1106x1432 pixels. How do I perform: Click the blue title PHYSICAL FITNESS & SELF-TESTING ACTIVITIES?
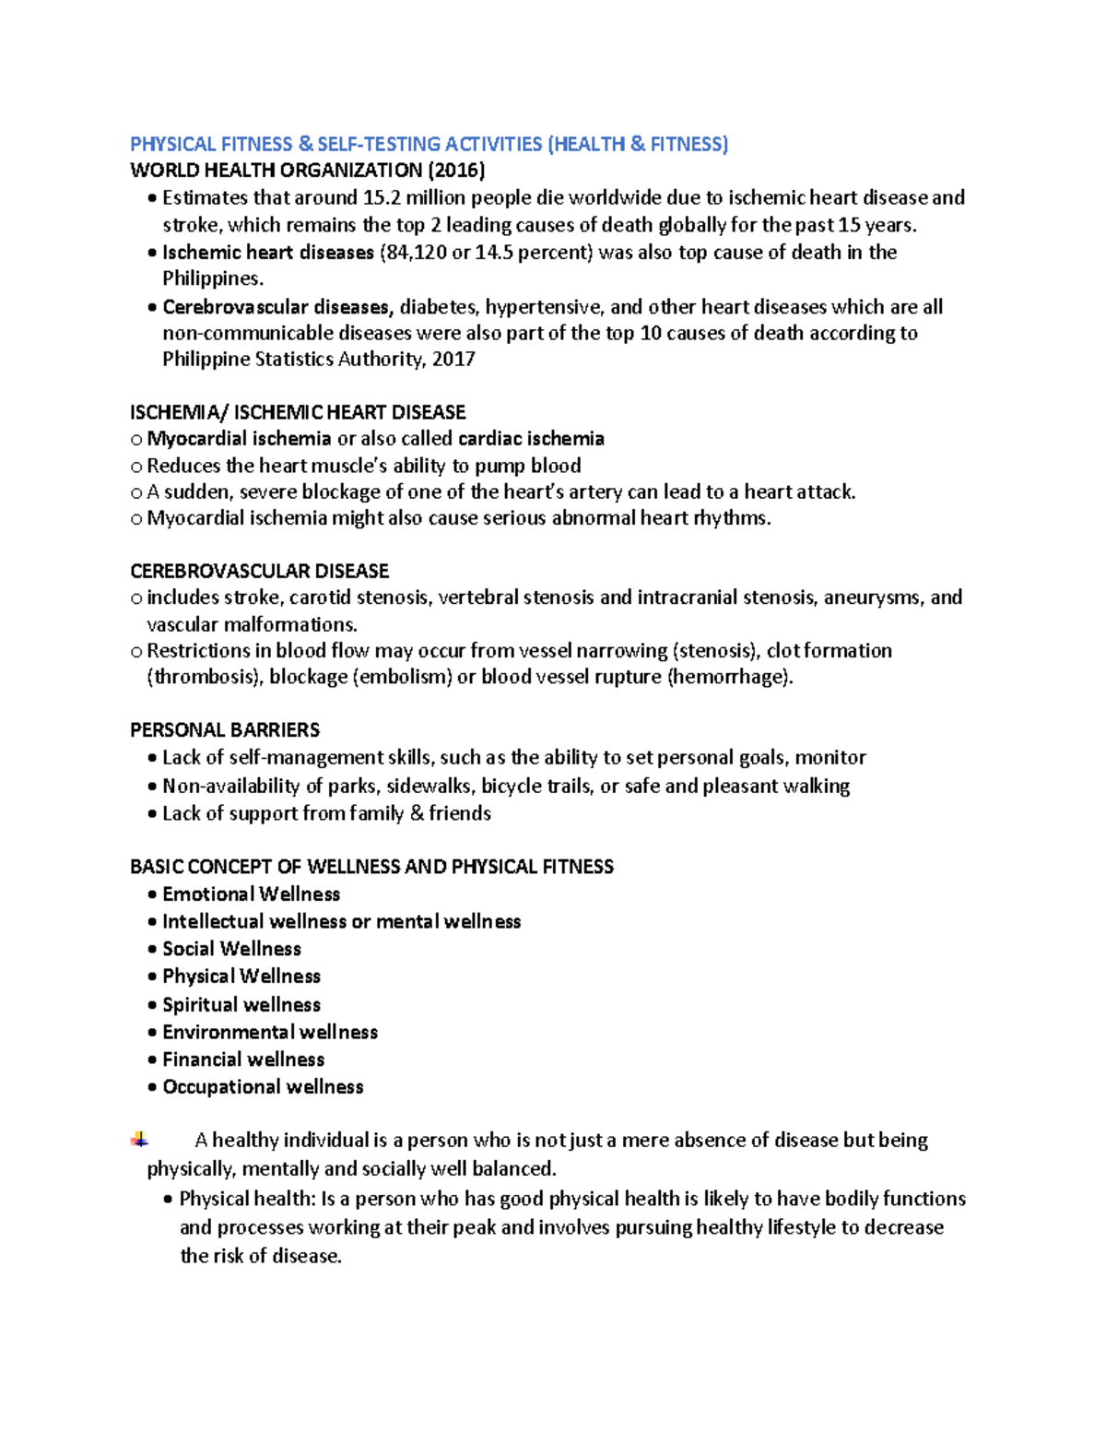click(429, 144)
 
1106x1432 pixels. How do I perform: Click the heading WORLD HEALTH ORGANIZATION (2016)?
click(307, 171)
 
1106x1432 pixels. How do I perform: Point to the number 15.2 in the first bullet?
click(382, 197)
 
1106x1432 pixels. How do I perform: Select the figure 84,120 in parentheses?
click(416, 253)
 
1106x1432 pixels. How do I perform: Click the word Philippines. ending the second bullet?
click(213, 278)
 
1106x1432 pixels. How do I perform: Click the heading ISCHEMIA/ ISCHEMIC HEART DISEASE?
click(298, 412)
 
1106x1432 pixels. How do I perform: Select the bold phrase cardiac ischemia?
click(531, 439)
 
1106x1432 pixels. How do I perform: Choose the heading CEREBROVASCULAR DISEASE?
click(259, 571)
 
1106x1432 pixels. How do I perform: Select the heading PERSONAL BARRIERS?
click(225, 730)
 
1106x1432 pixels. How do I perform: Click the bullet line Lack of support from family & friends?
click(326, 813)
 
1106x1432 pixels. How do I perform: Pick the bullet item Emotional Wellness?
click(251, 894)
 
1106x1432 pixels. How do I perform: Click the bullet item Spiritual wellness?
click(241, 1005)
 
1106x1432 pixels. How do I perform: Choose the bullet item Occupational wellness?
click(263, 1087)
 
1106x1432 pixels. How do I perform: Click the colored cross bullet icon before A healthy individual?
click(139, 1140)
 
